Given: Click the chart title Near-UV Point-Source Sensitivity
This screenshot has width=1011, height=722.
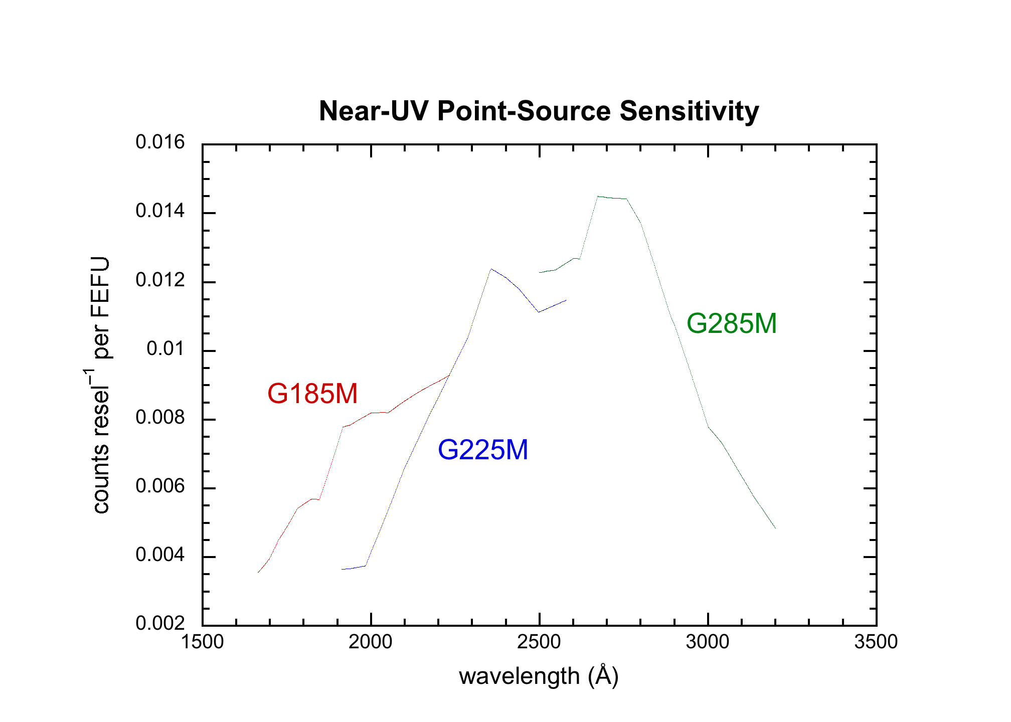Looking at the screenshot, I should pos(539,111).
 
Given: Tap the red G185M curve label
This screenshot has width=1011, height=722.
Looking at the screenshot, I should pos(312,394).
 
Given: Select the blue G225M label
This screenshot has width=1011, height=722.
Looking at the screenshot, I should pos(482,450).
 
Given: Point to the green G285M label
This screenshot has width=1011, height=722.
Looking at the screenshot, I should pos(731,323).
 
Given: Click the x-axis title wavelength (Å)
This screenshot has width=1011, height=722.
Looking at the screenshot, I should pos(539,676).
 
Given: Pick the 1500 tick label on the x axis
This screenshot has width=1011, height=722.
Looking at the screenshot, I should pos(202,642).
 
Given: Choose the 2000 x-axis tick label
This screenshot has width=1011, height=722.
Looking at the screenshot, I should pos(371,642).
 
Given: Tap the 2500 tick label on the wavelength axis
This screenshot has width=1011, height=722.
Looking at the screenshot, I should pos(539,642).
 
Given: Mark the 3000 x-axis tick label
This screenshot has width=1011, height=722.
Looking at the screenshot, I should pos(708,642).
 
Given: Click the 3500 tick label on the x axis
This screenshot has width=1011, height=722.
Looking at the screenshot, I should pos(876,642).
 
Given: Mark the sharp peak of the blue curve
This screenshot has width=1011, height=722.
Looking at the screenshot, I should pos(491,269).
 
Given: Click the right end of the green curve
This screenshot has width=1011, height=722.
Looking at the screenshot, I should pos(775,527).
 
